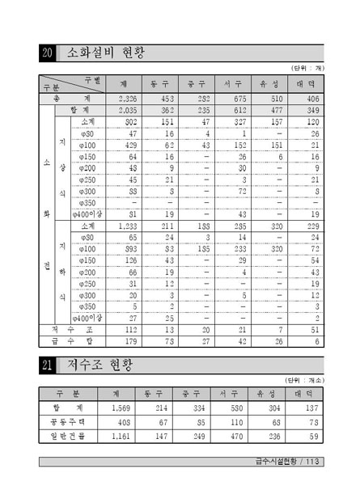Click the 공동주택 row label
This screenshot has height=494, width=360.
tap(70, 423)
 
